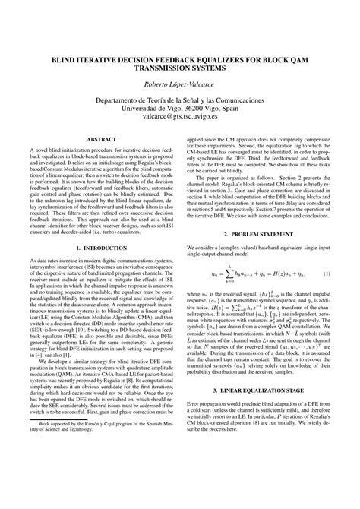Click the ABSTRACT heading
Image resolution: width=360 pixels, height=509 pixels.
(x=100, y=140)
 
